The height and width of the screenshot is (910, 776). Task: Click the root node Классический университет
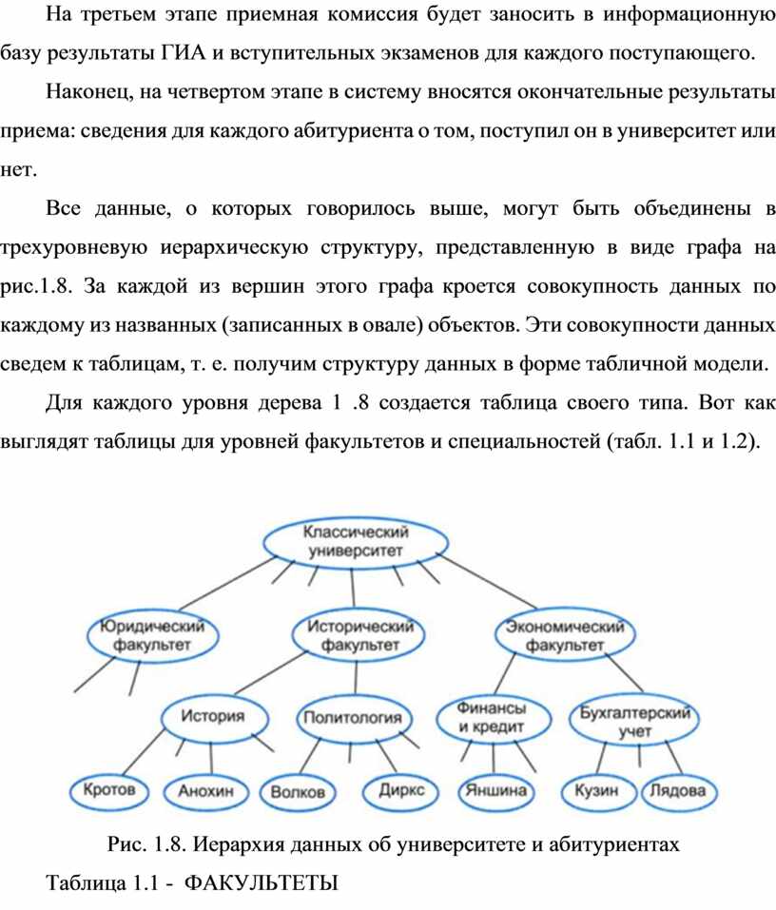point(356,542)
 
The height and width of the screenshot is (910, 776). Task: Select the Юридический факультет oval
point(152,636)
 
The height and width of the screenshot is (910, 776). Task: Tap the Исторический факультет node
point(359,635)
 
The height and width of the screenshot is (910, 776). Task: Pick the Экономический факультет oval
point(565,635)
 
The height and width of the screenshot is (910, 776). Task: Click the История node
point(214,717)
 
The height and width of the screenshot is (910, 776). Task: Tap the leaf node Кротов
point(109,790)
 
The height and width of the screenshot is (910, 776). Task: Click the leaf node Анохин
point(205,791)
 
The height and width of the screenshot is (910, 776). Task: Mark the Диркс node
point(400,791)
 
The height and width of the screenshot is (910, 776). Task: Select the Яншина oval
point(495,791)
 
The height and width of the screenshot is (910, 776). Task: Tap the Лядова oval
point(678,791)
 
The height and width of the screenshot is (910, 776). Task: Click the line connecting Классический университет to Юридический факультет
point(228,583)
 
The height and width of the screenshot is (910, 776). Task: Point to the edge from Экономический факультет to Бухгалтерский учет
point(625,673)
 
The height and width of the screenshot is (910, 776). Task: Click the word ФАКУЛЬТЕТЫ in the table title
point(261,883)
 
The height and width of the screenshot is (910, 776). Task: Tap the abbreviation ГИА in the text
point(183,53)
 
